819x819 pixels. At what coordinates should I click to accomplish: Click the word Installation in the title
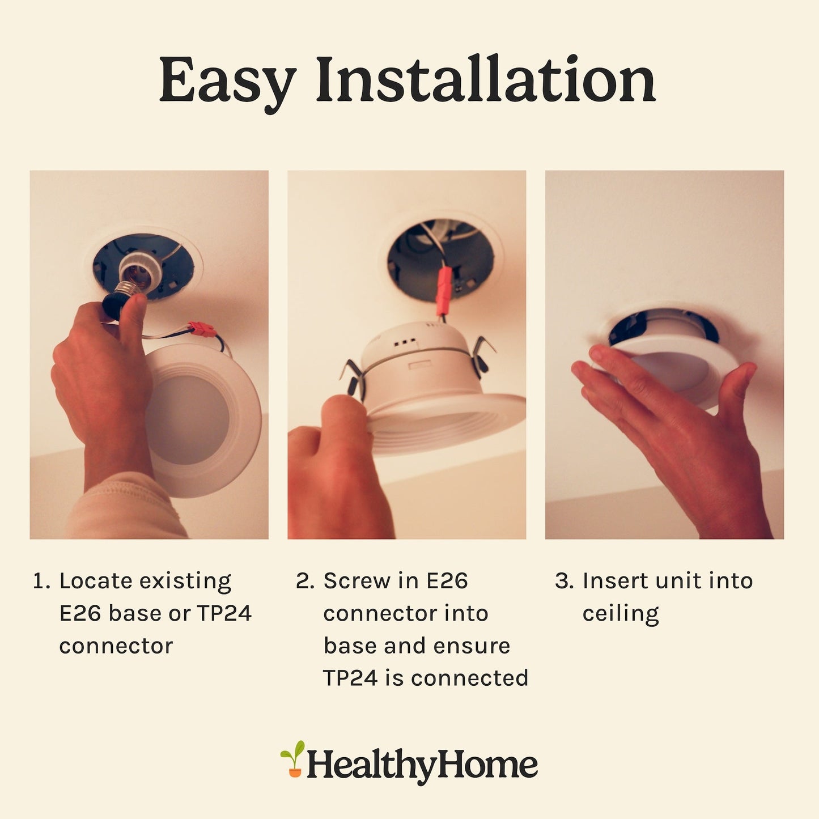click(x=486, y=79)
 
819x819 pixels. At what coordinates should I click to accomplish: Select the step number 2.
click(x=305, y=582)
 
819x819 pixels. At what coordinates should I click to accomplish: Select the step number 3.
click(x=564, y=582)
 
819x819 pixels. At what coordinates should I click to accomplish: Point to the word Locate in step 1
click(x=96, y=581)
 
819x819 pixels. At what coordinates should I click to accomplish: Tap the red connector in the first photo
click(x=202, y=329)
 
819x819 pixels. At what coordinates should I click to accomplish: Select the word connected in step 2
click(x=470, y=678)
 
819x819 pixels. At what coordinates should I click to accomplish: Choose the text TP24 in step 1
click(x=224, y=614)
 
